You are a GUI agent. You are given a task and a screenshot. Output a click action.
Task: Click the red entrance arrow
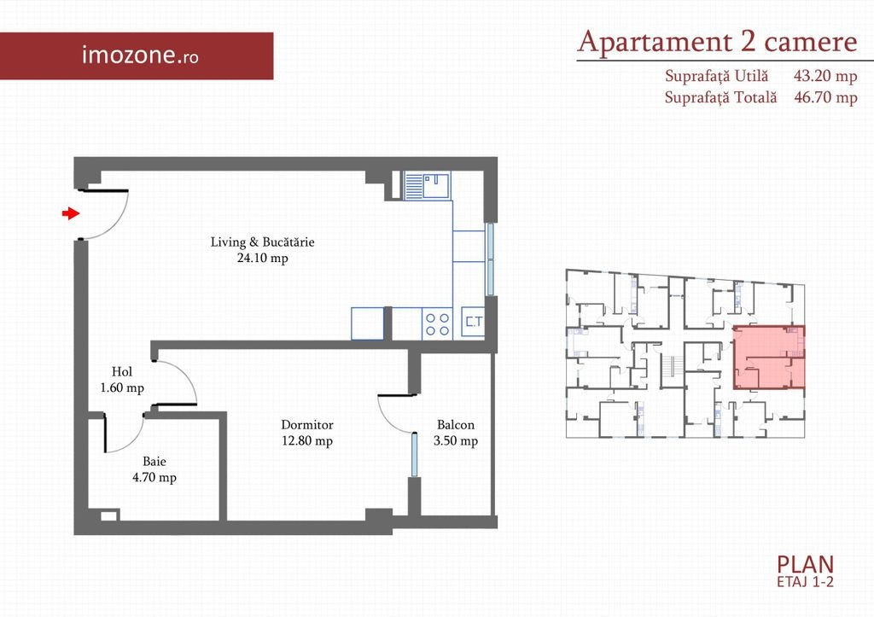(71, 212)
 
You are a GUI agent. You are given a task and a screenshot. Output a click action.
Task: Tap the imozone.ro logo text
(140, 55)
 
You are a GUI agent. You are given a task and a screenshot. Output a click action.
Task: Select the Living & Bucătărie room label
(263, 242)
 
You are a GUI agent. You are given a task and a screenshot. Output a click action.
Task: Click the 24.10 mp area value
(263, 258)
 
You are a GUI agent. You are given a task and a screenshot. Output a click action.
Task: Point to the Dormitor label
(307, 425)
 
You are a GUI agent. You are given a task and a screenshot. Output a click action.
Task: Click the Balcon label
(456, 425)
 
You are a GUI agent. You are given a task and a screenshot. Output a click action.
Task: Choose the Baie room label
(154, 462)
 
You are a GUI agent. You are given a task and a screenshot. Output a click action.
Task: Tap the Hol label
(122, 372)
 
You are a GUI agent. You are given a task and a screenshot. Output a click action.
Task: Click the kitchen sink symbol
(428, 185)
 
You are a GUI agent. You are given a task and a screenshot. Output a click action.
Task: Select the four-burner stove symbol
(438, 323)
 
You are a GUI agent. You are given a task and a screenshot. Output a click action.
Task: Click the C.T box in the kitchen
(474, 323)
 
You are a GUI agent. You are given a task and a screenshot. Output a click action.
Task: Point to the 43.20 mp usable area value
(825, 76)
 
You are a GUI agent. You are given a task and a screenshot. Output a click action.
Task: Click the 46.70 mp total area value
(825, 97)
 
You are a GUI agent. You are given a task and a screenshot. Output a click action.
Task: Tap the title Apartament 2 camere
(717, 43)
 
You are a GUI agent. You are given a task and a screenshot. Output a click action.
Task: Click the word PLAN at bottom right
(806, 565)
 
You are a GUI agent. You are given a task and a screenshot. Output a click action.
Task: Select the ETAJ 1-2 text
(806, 582)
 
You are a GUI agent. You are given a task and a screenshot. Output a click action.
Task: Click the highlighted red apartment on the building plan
(769, 358)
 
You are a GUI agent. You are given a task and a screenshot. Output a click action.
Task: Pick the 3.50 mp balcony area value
(456, 441)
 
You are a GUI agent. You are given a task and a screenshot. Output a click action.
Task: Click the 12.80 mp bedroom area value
(307, 441)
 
